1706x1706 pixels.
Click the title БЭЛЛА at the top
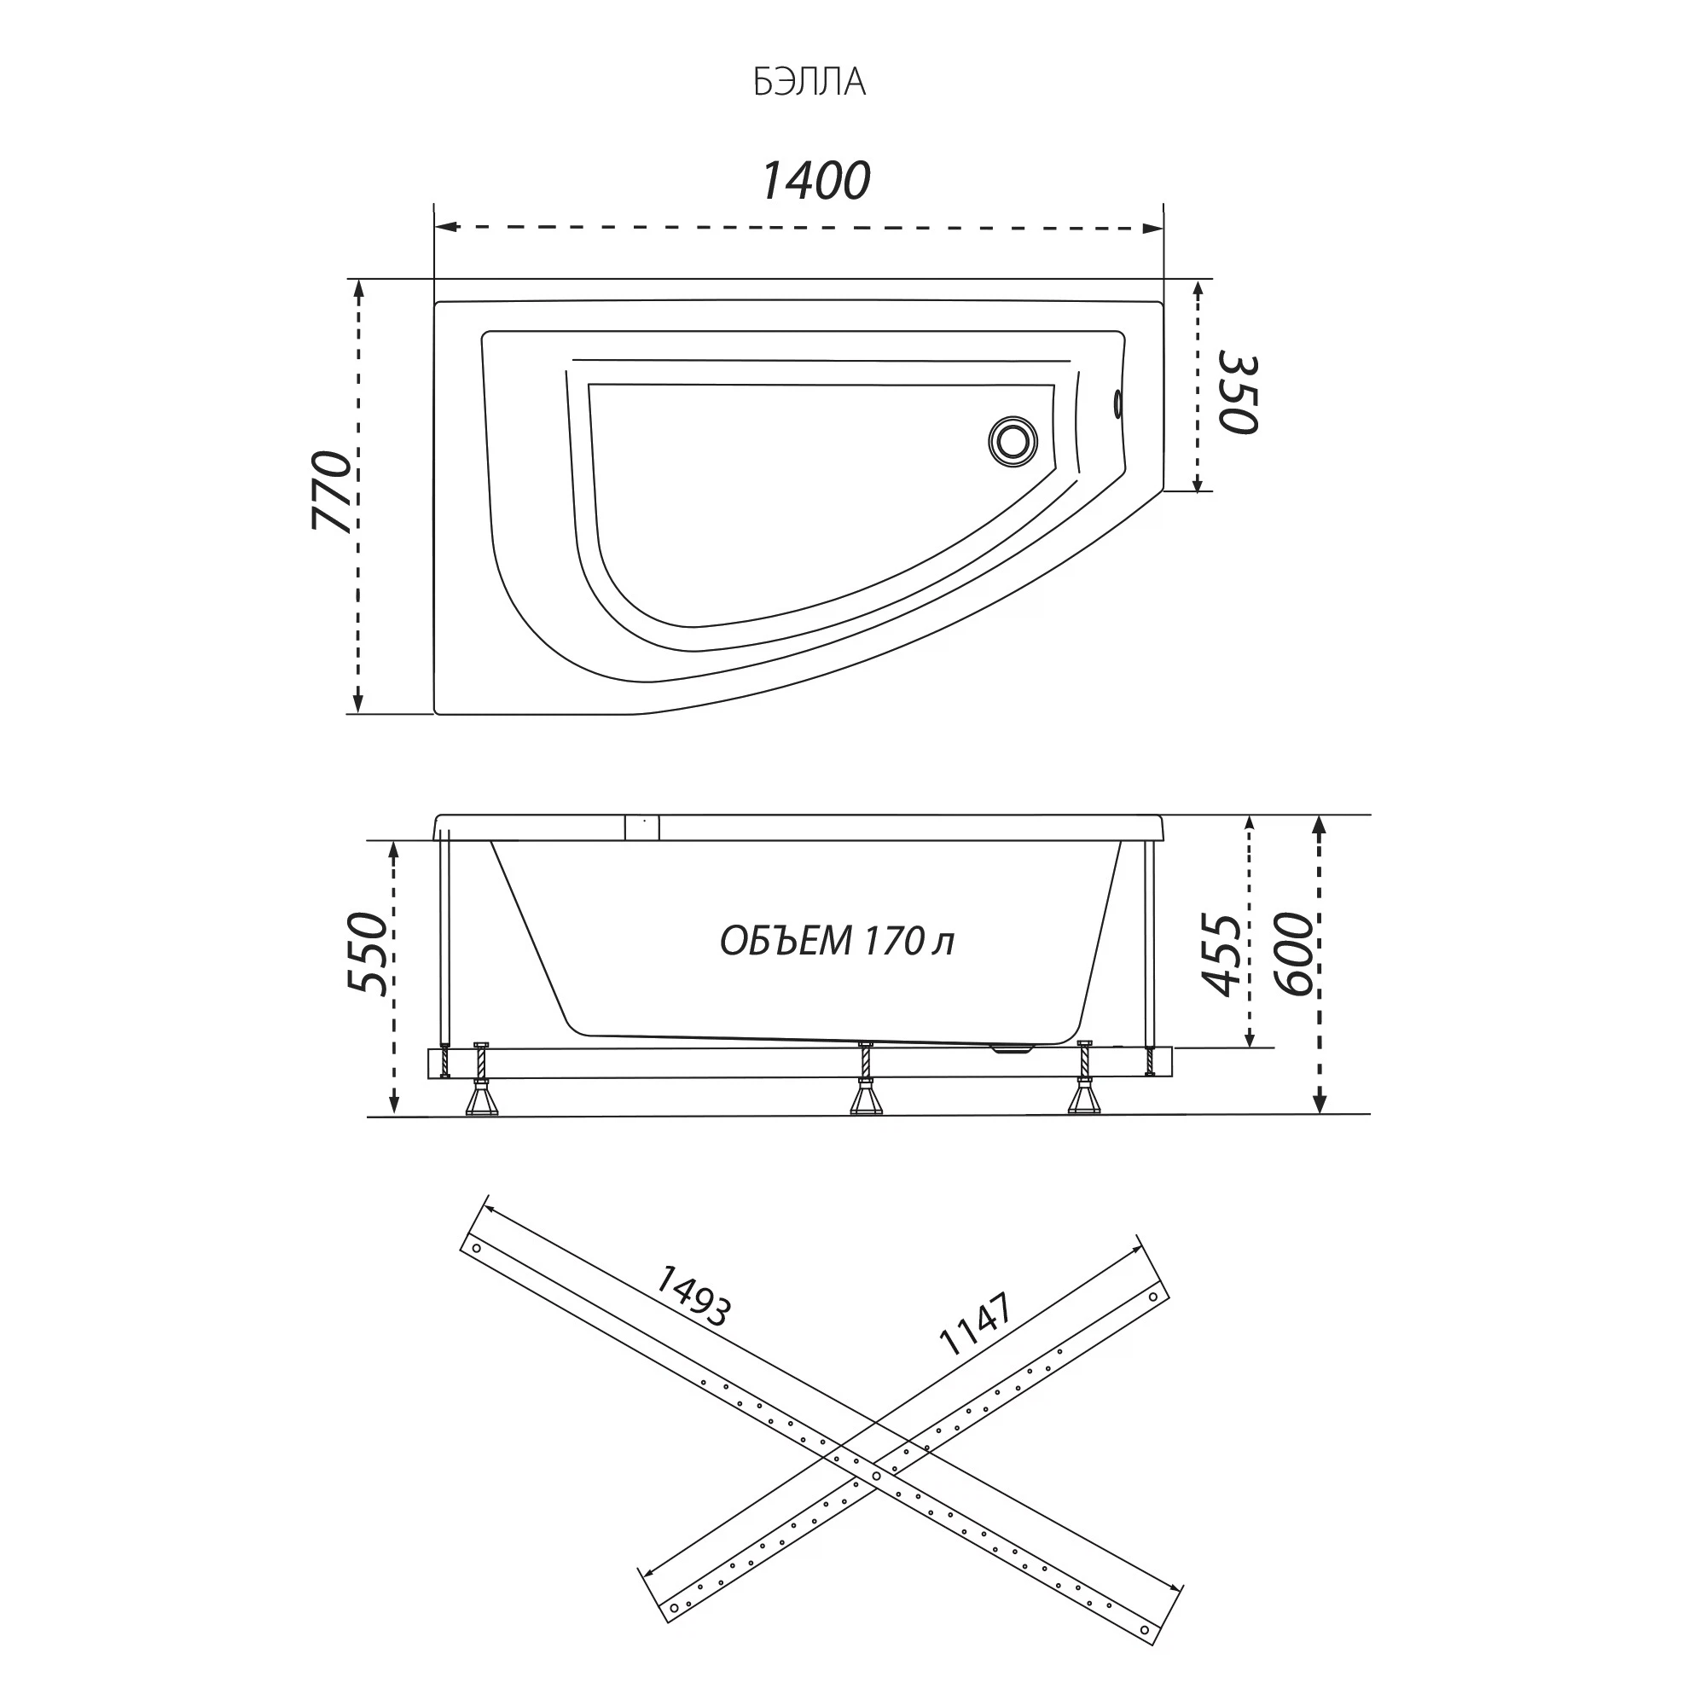coord(809,82)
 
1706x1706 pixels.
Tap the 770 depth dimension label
coord(333,490)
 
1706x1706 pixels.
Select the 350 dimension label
coord(1238,393)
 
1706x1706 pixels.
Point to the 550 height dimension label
coord(368,954)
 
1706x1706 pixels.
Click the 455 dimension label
coord(1223,955)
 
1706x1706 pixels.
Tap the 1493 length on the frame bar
coord(693,1297)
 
